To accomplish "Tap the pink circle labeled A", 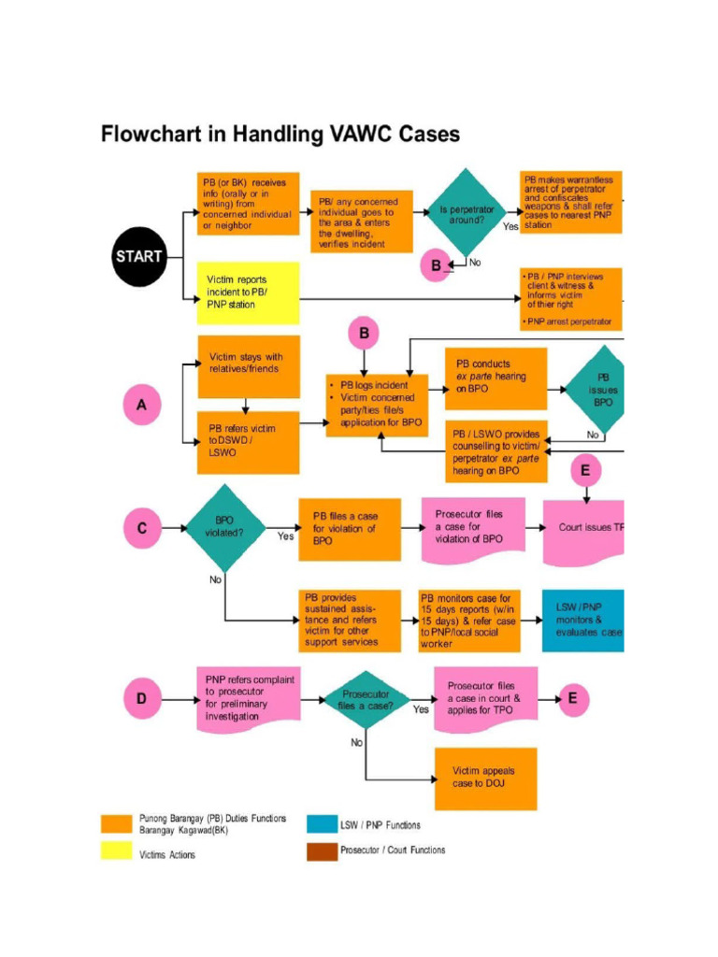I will coord(142,406).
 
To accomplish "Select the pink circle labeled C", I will coord(142,528).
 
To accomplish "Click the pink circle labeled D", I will coord(142,696).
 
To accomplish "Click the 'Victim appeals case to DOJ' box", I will coord(485,778).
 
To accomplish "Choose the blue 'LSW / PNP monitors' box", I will coord(582,620).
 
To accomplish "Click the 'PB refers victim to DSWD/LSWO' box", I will coord(248,441).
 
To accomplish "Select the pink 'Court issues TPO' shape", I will coord(583,529).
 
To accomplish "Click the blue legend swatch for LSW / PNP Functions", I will coord(321,823).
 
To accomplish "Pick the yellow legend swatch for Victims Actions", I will coord(116,851).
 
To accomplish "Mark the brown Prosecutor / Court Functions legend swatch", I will coord(321,851).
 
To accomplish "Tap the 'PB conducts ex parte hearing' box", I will coord(495,377).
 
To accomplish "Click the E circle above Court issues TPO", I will coord(586,470).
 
